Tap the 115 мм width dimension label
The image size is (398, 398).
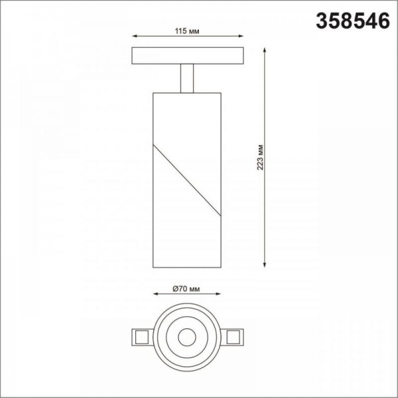pyautogui.click(x=187, y=31)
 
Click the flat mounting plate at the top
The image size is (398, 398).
pyautogui.click(x=188, y=55)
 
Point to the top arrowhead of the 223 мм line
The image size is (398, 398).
pyautogui.click(x=266, y=50)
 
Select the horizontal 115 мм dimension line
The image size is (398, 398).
pyautogui.click(x=166, y=37)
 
